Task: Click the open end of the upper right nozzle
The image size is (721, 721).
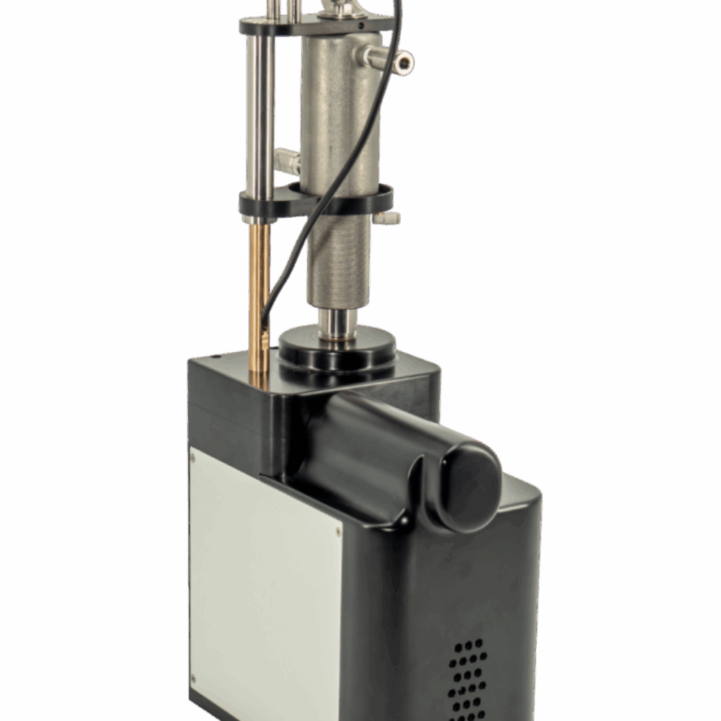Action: click(404, 63)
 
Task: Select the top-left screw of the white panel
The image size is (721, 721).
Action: click(192, 457)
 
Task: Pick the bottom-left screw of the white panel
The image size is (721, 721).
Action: click(193, 677)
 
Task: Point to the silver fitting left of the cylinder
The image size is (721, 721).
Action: click(287, 160)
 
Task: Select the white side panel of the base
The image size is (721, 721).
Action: click(263, 577)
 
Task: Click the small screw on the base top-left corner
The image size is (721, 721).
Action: click(215, 355)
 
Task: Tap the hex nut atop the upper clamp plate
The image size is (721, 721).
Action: click(339, 9)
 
